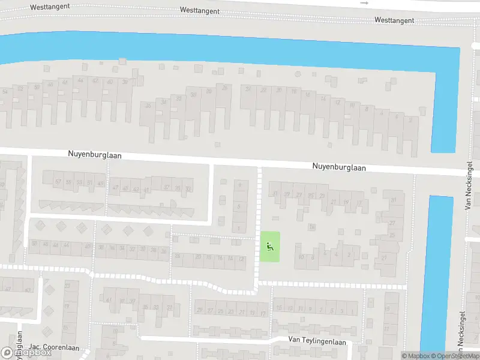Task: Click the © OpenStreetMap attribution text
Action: pos(454,356)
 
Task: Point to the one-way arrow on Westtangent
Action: pos(364,3)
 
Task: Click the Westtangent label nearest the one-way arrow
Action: pos(394,20)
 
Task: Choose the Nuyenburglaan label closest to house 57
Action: pos(95,155)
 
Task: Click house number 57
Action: pos(58,182)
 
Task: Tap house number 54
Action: pos(5,91)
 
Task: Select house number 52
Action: pos(20,88)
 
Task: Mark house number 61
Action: pos(109,299)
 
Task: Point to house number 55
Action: pos(69,182)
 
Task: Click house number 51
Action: pos(90,182)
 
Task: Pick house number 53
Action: pos(79,182)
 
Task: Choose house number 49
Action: pos(100,183)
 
